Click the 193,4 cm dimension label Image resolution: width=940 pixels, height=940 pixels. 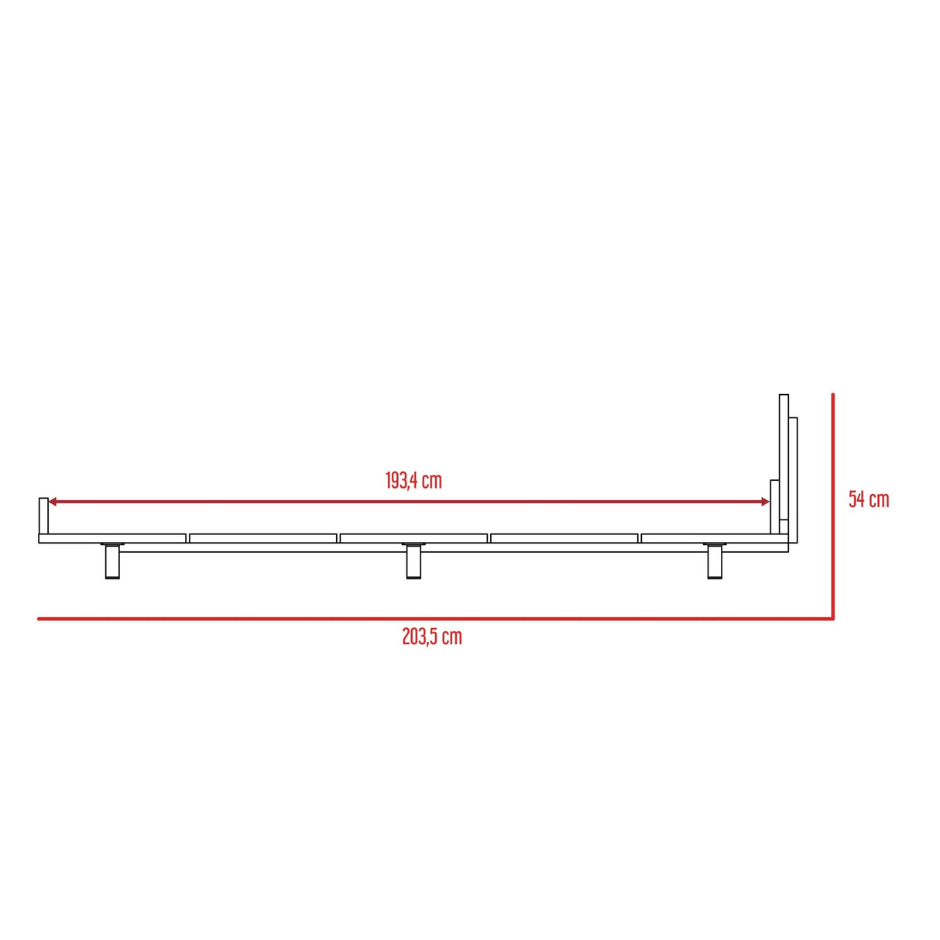pyautogui.click(x=413, y=481)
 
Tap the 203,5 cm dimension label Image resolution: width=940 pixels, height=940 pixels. pyautogui.click(x=431, y=637)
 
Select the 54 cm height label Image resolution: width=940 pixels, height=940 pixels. pyautogui.click(x=868, y=499)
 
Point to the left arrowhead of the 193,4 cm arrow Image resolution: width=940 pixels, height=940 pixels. pyautogui.click(x=53, y=503)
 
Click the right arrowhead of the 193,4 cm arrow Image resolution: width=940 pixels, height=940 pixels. pyautogui.click(x=765, y=503)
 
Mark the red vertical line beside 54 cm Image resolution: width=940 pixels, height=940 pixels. pyautogui.click(x=833, y=503)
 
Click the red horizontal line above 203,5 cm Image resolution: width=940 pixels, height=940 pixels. pyautogui.click(x=434, y=619)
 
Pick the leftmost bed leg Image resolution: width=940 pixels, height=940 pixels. pyautogui.click(x=112, y=562)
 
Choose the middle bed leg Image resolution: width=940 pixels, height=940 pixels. pyautogui.click(x=414, y=562)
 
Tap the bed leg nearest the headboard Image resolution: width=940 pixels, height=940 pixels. pyautogui.click(x=715, y=562)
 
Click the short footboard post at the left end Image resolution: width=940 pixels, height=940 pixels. pyautogui.click(x=43, y=516)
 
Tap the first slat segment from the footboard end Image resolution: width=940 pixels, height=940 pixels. pyautogui.click(x=113, y=538)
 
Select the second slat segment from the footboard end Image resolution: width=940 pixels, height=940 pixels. pyautogui.click(x=263, y=538)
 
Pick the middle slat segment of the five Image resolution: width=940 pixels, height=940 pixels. pyautogui.click(x=413, y=538)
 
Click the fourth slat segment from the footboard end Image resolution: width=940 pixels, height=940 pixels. pyautogui.click(x=564, y=538)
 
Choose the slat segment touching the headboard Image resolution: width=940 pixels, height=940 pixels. pyautogui.click(x=706, y=538)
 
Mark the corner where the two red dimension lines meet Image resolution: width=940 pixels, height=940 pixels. pyautogui.click(x=833, y=619)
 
